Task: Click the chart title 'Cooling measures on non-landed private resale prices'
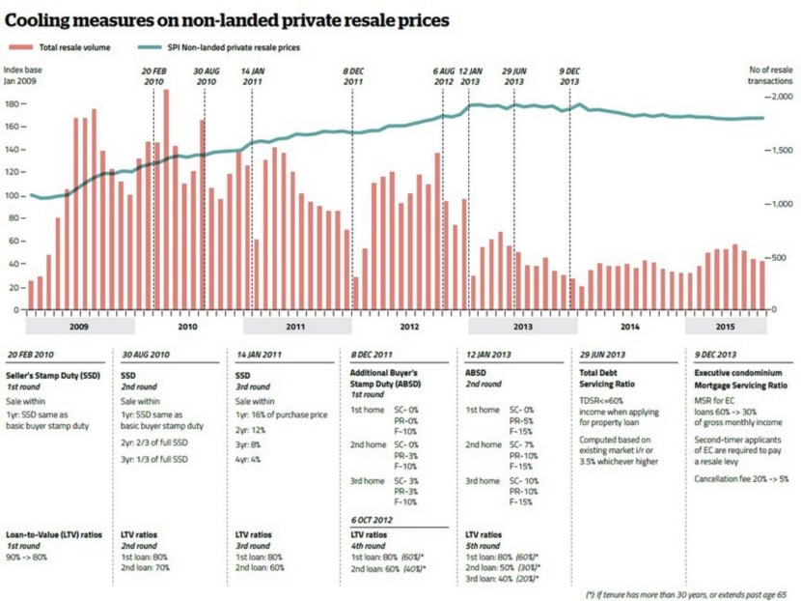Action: point(226,18)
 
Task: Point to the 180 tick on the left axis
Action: point(13,103)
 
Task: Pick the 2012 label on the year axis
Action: point(408,328)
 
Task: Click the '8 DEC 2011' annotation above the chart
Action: point(352,77)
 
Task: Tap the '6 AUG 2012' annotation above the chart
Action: point(443,77)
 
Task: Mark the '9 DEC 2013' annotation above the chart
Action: point(569,77)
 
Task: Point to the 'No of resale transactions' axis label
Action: point(769,74)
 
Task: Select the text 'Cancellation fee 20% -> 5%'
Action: point(742,477)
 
